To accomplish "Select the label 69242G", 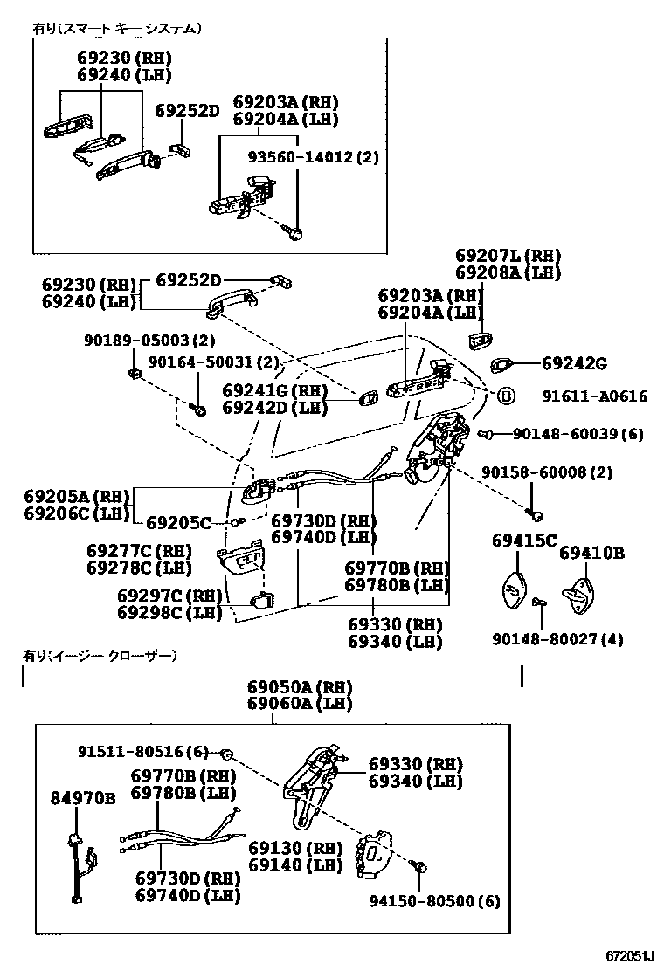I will tap(574, 363).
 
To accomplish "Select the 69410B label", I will tap(591, 553).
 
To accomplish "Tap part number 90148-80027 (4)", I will tap(568, 639).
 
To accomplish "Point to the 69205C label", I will tap(178, 523).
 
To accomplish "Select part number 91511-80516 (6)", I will tap(144, 752).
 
